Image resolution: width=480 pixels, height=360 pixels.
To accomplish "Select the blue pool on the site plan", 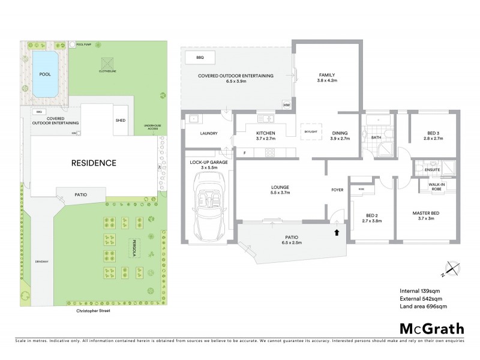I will tap(44, 74).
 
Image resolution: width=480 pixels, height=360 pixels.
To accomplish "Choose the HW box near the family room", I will tap(285, 107).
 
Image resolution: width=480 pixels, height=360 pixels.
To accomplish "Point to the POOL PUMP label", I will tap(84, 44).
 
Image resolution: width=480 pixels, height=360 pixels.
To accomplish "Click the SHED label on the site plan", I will tap(120, 120).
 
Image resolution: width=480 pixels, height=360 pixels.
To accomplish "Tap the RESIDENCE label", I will tap(94, 163).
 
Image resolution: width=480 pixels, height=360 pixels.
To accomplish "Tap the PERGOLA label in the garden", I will tap(127, 247).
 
